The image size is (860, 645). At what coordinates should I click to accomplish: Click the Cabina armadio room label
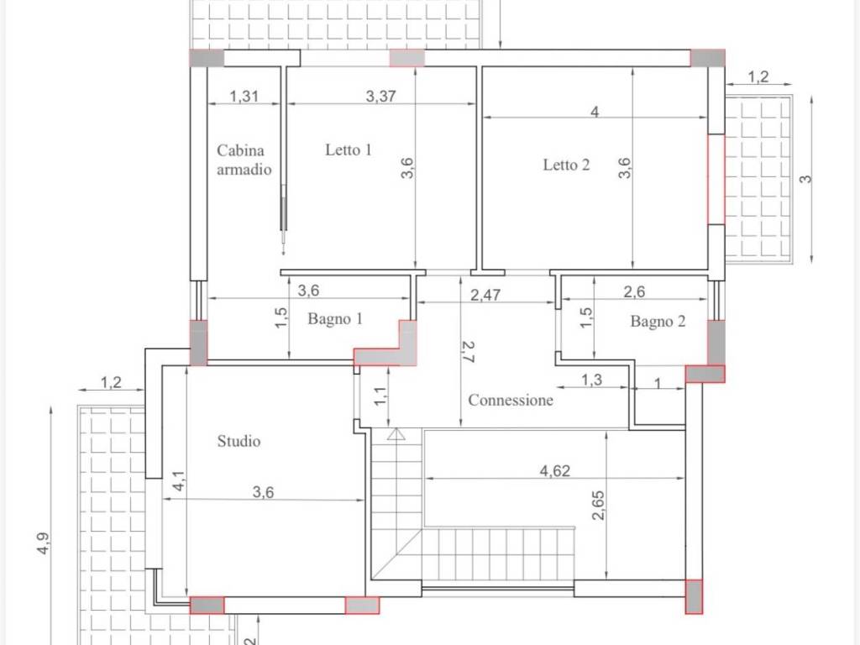click(244, 160)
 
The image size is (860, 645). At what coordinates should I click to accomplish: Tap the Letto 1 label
click(349, 149)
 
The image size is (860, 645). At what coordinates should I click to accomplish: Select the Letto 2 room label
click(566, 165)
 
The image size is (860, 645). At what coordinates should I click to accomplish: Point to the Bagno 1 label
click(335, 318)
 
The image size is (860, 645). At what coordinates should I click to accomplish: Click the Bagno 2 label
click(658, 321)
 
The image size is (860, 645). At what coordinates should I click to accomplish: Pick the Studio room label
click(239, 441)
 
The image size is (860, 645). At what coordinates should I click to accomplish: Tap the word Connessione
click(510, 400)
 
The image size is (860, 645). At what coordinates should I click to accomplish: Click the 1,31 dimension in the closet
click(244, 96)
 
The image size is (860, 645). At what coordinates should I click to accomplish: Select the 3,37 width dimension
click(380, 96)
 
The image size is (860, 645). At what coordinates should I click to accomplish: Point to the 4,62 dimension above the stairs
click(554, 470)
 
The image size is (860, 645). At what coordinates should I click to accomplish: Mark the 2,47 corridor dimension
click(485, 295)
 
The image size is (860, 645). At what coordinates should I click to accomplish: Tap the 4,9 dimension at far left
click(43, 543)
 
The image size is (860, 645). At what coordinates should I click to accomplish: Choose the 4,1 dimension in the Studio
click(179, 481)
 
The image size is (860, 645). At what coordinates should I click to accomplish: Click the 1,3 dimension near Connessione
click(591, 380)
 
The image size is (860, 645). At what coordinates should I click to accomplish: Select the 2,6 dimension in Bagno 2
click(634, 291)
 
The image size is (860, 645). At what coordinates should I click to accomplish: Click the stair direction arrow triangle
click(396, 434)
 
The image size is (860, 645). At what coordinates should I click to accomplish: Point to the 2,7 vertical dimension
click(468, 352)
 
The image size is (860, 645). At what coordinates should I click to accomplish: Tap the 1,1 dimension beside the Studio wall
click(380, 396)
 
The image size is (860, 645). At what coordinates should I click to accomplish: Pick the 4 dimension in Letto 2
click(595, 112)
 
